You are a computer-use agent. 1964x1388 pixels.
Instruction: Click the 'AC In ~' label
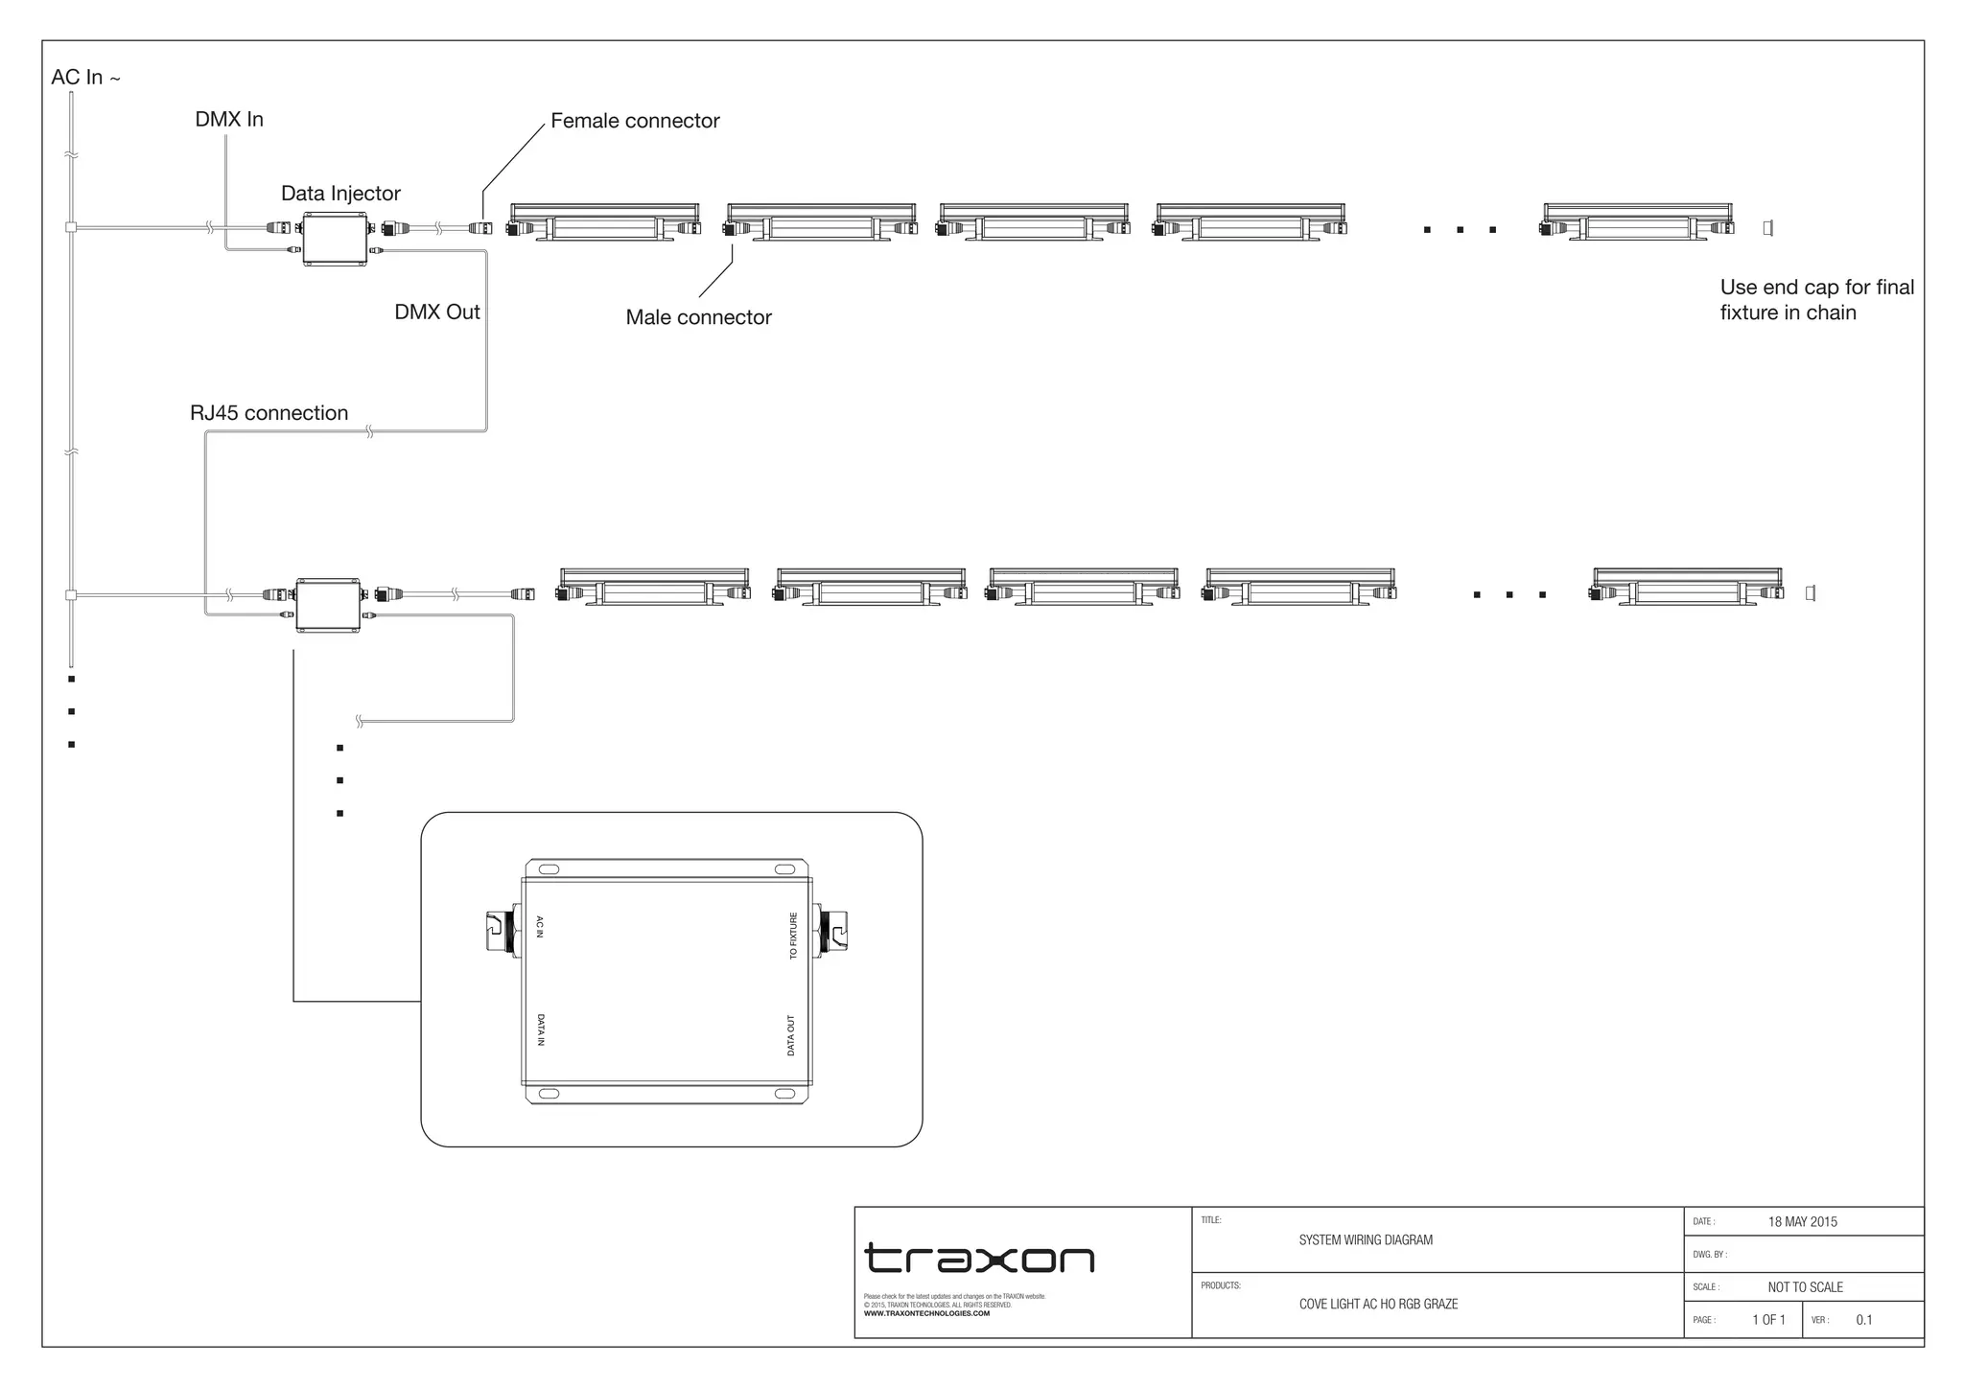[x=85, y=78]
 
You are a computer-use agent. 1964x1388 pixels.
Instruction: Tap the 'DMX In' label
[x=229, y=120]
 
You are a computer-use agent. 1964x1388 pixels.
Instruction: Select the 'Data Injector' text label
[x=340, y=194]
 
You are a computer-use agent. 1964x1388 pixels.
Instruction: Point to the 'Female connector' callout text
[x=635, y=121]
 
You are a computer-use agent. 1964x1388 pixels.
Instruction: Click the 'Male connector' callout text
[x=698, y=317]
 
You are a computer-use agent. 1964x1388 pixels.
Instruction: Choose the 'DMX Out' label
[x=436, y=312]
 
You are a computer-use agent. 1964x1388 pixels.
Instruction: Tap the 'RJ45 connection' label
[x=269, y=413]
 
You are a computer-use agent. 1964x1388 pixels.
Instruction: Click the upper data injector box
[x=335, y=239]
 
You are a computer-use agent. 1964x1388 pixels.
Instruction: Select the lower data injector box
[x=328, y=605]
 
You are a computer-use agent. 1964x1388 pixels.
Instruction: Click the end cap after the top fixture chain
[x=1767, y=228]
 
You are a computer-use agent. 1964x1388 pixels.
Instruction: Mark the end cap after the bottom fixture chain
[x=1810, y=593]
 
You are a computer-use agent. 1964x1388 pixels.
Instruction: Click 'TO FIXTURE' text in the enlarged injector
[x=793, y=936]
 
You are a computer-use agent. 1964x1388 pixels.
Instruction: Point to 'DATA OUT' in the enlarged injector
[x=791, y=1035]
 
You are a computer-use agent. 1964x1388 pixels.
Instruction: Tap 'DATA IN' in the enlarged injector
[x=541, y=1030]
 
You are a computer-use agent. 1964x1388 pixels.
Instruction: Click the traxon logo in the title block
[x=979, y=1259]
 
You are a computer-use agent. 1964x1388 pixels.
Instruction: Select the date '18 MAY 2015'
[x=1802, y=1222]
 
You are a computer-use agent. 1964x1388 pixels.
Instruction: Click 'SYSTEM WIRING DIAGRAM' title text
[x=1365, y=1240]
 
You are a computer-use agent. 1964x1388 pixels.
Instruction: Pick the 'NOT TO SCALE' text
[x=1805, y=1287]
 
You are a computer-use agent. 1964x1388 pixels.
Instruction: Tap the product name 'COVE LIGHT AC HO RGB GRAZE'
[x=1377, y=1305]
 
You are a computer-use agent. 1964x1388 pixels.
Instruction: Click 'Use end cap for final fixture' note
[x=1815, y=300]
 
